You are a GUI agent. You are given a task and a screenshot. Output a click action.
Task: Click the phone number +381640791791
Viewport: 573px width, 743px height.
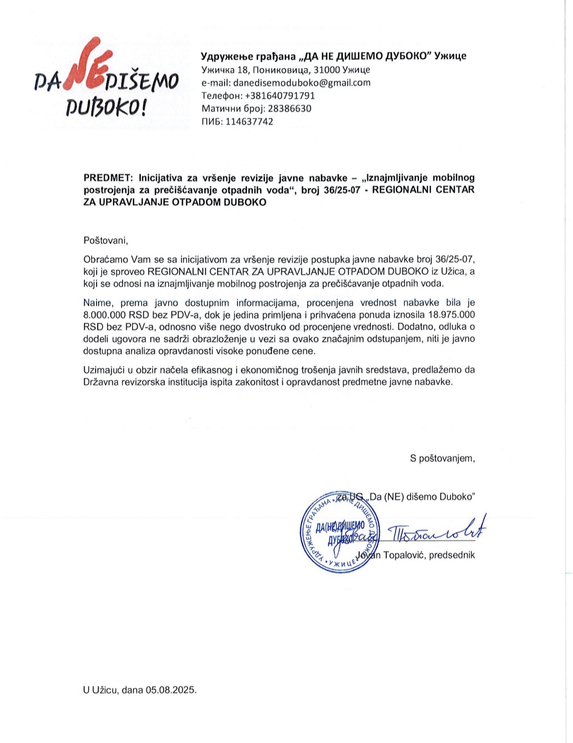coord(279,96)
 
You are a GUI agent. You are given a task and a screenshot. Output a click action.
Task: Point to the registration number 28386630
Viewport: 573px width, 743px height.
coord(290,108)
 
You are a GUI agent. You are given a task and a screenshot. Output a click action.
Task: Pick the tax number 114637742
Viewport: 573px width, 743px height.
coord(249,122)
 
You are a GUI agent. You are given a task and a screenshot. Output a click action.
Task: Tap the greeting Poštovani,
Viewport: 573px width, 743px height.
coord(106,240)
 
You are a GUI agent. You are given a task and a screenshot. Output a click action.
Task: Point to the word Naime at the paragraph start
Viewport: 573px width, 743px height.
coord(98,303)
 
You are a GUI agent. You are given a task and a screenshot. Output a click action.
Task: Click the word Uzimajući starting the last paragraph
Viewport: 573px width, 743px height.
coord(105,370)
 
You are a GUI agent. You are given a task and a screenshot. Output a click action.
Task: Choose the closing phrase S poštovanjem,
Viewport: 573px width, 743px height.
coord(442,458)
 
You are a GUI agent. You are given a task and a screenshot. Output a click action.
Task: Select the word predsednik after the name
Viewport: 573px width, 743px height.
coord(452,555)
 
